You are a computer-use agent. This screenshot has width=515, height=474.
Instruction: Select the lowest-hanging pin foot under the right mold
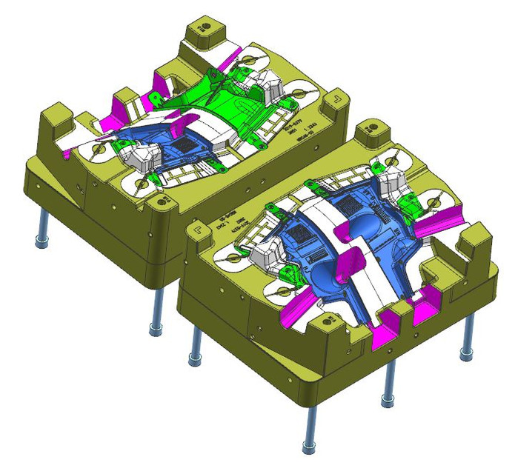click(308, 447)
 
